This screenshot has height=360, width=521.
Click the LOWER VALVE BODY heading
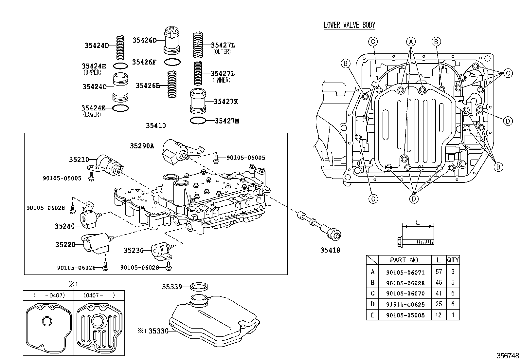349,25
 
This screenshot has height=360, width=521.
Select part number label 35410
156,126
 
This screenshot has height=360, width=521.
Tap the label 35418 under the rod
330,250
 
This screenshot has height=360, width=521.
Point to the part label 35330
158,331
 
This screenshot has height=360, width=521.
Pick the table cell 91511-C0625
405,304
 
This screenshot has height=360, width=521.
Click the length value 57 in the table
439,272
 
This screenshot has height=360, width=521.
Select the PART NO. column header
405,260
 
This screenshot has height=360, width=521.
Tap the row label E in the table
372,315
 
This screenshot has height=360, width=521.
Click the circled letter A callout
411,42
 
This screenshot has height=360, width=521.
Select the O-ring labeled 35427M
198,121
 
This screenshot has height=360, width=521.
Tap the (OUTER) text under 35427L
222,52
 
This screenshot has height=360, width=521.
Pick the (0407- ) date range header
99,295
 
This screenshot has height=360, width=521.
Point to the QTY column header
453,260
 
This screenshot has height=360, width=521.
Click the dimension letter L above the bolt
417,222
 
